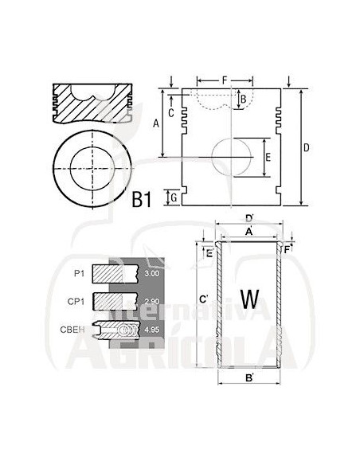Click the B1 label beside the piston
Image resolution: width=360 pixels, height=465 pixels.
pos(142,200)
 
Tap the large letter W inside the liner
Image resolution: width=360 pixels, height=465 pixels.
pos(250,299)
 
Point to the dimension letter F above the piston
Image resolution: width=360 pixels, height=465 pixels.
pos(225,80)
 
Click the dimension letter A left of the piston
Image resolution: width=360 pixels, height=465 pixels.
pos(156,123)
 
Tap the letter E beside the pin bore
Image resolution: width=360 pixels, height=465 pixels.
pos(268,158)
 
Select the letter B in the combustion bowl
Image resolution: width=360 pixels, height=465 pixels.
pos(243,98)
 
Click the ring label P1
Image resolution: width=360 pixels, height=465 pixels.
pos(78,274)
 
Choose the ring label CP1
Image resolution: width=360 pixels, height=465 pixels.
pos(76,300)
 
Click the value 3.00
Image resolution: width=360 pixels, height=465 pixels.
pos(151,274)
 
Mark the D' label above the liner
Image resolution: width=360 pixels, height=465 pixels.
pos(248,218)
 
